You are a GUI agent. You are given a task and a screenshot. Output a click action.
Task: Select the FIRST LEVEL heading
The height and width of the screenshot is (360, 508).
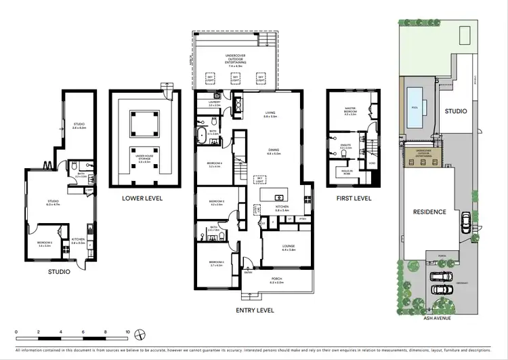(354, 198)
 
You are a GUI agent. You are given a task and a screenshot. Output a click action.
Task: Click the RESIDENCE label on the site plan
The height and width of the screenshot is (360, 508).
(429, 212)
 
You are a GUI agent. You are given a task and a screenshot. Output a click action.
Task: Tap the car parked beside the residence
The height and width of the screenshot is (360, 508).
(465, 222)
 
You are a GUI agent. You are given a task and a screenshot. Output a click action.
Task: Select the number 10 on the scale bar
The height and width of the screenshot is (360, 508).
(127, 332)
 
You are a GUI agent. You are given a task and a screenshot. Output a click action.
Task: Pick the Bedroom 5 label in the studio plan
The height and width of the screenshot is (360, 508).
(45, 245)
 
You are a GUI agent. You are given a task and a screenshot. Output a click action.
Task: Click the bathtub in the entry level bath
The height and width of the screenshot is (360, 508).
(201, 134)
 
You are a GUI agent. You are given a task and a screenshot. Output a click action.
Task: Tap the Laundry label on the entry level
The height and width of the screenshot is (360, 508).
(215, 104)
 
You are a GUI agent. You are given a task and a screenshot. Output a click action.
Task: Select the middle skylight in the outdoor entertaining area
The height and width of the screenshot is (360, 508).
(236, 79)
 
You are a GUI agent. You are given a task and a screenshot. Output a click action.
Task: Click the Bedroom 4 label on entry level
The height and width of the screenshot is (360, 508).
(215, 165)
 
